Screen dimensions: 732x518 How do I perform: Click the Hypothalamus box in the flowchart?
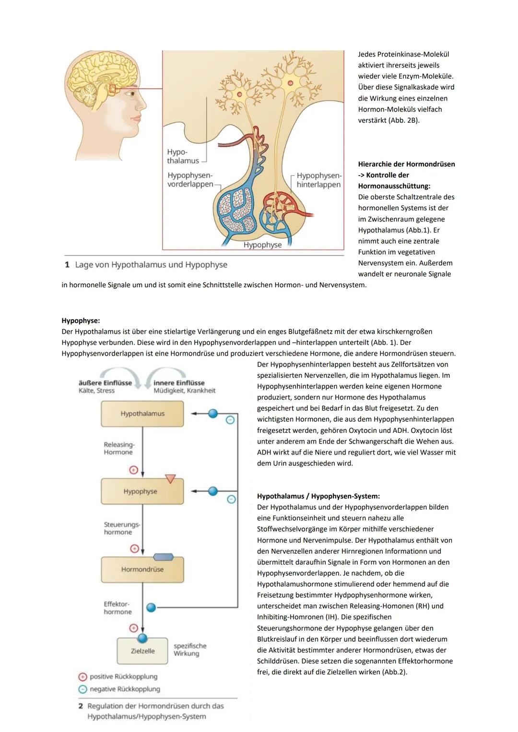point(142,414)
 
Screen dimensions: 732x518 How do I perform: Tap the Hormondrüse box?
point(142,569)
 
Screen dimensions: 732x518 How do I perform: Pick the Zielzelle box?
point(142,651)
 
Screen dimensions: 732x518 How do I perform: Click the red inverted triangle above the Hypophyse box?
point(170,478)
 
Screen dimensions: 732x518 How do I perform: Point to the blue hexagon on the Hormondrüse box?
point(163,557)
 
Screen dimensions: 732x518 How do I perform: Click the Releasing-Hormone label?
point(119,448)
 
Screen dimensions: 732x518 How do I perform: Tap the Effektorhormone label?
point(117,608)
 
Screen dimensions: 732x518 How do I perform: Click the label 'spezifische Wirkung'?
point(189,650)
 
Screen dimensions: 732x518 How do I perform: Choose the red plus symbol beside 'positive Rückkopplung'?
point(82,677)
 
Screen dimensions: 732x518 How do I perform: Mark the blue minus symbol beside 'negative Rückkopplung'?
point(82,689)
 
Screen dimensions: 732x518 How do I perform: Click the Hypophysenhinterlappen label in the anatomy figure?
point(318,180)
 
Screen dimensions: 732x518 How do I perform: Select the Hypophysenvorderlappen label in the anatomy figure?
point(190,180)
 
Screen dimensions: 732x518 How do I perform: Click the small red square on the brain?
point(113,89)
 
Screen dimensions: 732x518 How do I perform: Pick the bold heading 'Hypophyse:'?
point(81,321)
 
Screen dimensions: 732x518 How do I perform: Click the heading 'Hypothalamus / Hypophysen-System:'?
point(318,496)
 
